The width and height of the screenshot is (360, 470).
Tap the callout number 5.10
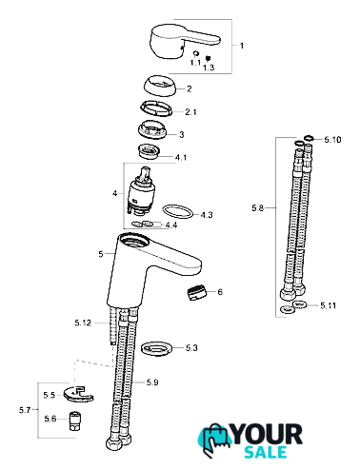(332, 140)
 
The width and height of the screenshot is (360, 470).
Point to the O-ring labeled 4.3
(177, 211)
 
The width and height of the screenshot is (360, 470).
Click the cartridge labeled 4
(140, 191)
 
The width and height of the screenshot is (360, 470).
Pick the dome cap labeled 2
(159, 87)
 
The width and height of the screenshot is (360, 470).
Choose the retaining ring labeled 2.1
(156, 108)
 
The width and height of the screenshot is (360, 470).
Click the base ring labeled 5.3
(157, 348)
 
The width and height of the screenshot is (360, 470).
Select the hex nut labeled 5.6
(74, 421)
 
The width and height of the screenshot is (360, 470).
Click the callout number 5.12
(83, 323)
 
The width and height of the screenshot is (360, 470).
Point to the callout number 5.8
(257, 208)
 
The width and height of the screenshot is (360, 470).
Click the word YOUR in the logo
(267, 435)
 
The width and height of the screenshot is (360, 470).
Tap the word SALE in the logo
(266, 452)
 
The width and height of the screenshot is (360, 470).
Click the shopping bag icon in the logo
(214, 440)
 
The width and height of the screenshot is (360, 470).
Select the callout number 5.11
(328, 305)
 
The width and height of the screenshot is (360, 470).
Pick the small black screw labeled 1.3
(208, 58)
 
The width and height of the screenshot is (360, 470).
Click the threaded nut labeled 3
(152, 129)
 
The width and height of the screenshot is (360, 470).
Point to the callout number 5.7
(25, 410)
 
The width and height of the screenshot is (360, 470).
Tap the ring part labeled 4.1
(149, 150)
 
